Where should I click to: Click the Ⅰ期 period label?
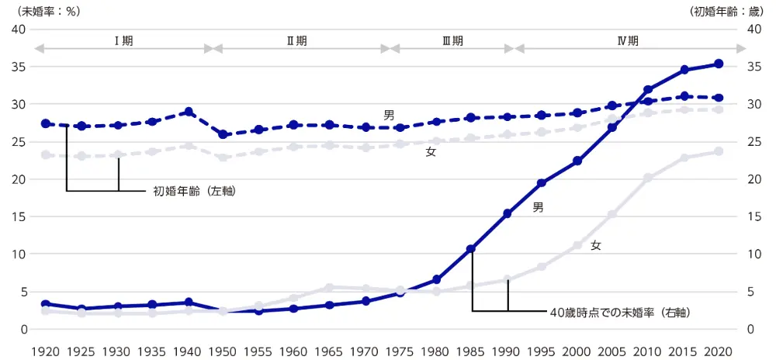[123, 41]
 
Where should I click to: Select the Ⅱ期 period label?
[296, 41]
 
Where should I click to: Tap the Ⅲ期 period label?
[452, 41]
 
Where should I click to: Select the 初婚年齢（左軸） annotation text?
[194, 190]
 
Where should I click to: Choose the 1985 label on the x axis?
[470, 350]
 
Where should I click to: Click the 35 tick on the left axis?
[18, 67]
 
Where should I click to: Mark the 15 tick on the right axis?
[752, 216]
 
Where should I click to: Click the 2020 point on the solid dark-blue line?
[719, 64]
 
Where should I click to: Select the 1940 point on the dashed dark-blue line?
[188, 112]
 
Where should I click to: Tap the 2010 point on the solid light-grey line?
[648, 178]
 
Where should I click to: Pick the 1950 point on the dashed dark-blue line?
[223, 134]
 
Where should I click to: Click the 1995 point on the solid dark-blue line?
[542, 183]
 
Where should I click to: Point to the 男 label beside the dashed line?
[389, 115]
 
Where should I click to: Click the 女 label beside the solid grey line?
[595, 245]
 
